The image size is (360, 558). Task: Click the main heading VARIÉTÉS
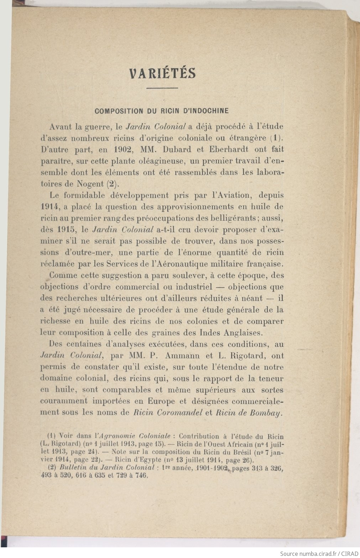coord(162,73)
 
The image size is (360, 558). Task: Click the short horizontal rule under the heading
coord(162,88)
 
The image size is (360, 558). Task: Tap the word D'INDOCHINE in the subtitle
coord(205,111)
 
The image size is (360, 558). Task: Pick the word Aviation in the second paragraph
coord(232,195)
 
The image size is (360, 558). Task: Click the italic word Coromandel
coord(178,413)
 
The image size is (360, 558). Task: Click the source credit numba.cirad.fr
coord(314,553)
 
